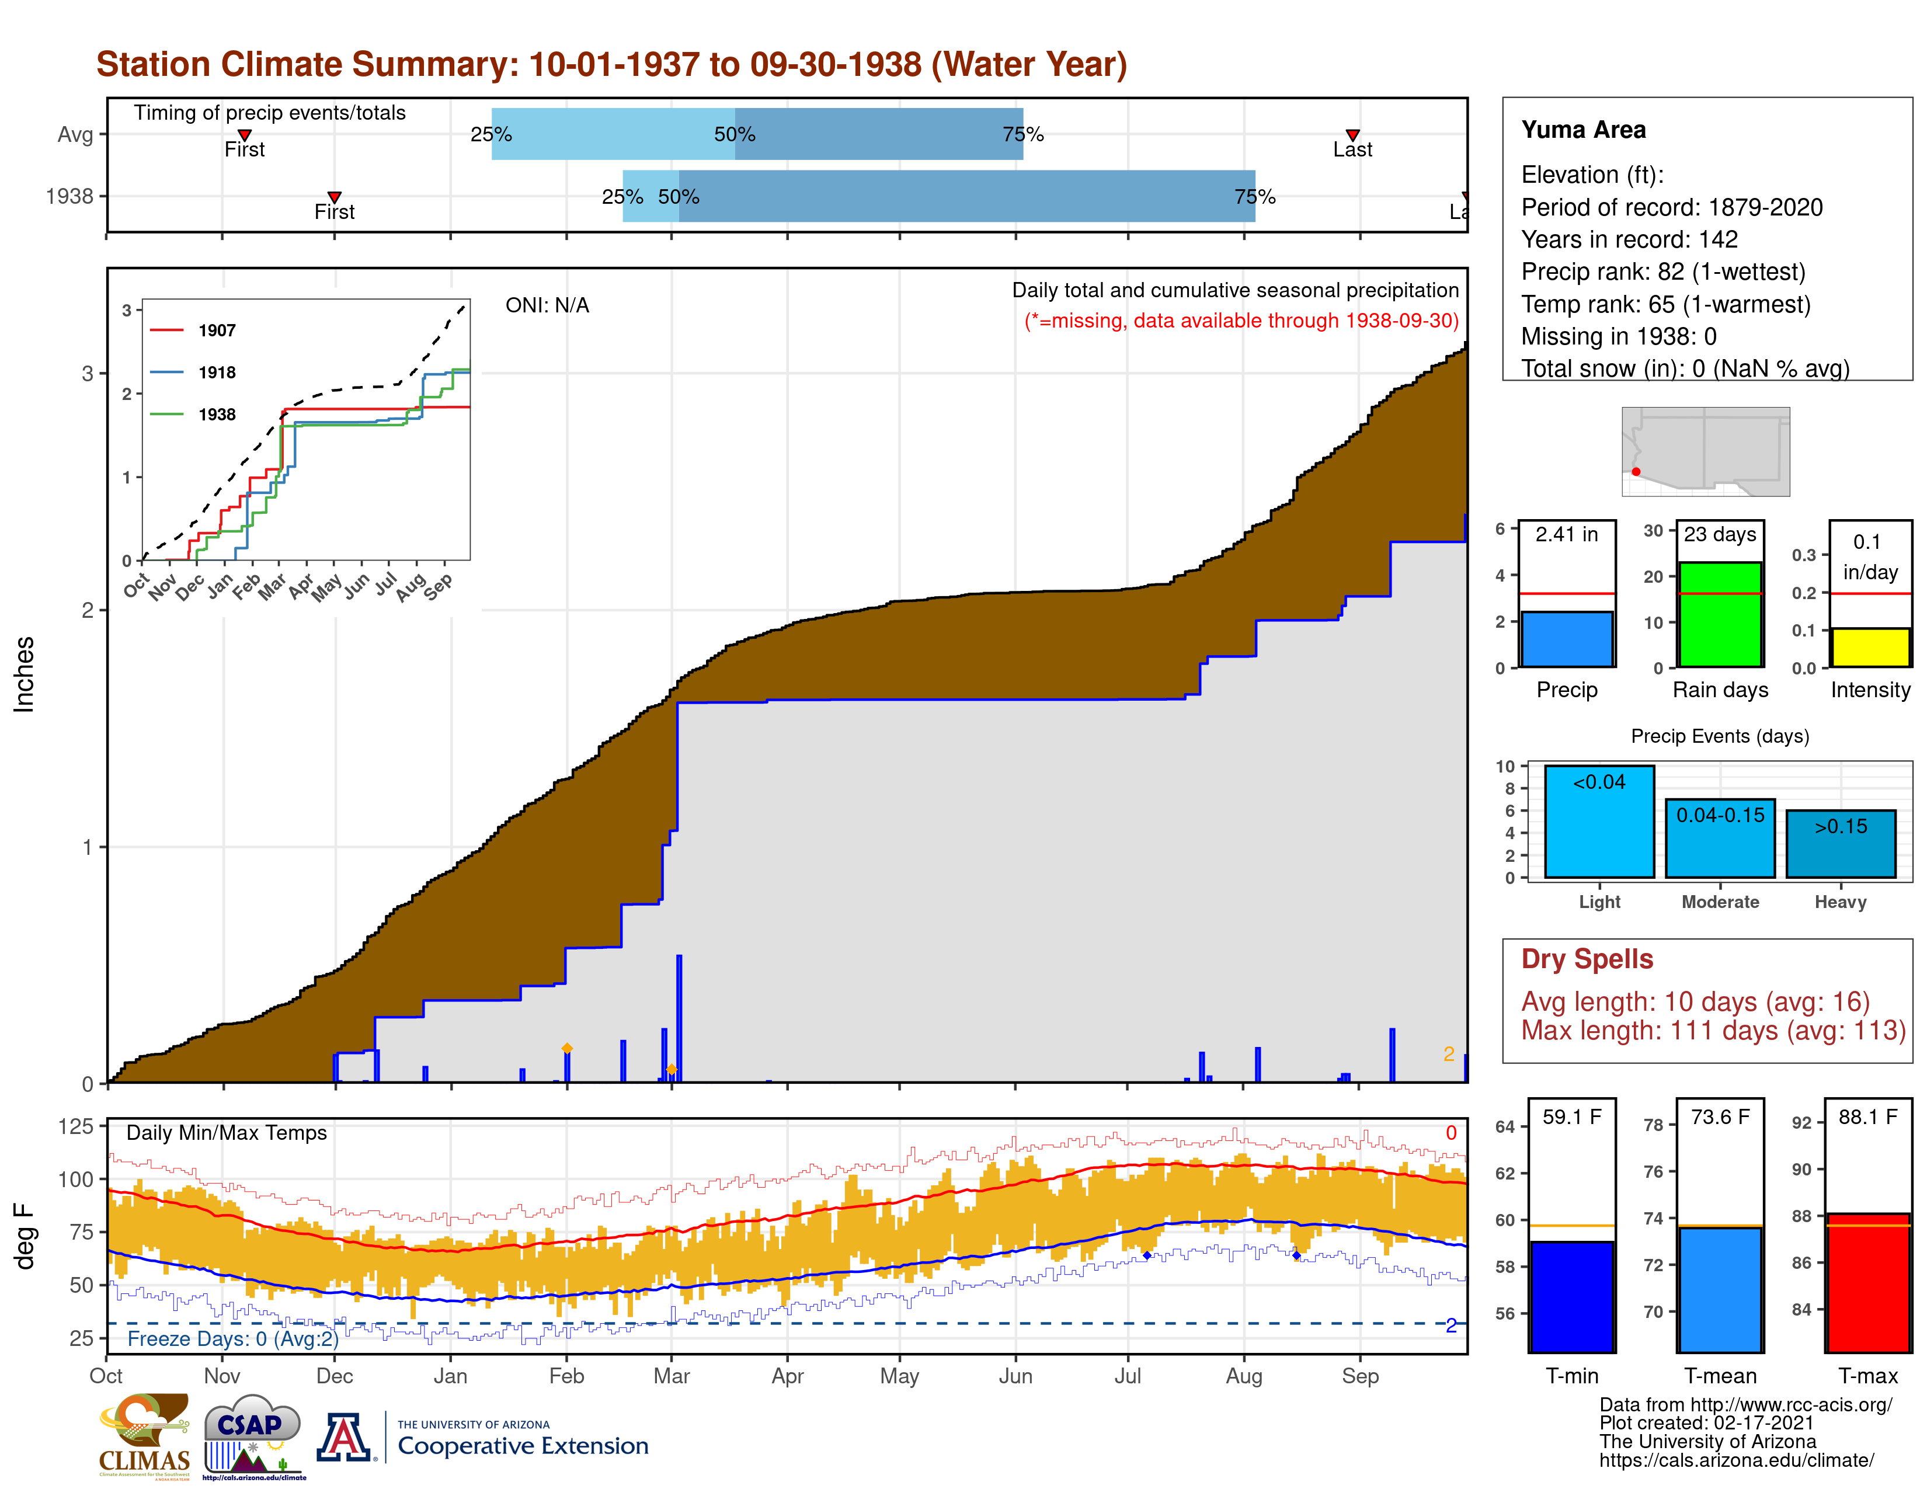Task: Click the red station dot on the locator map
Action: click(x=1636, y=472)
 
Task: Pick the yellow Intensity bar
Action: click(x=1870, y=648)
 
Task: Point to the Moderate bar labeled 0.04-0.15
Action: click(x=1720, y=838)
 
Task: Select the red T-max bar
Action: click(x=1868, y=1283)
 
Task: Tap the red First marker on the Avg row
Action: click(x=245, y=135)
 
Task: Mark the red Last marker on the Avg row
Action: click(x=1352, y=135)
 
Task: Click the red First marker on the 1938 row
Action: click(x=335, y=197)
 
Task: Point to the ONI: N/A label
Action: click(x=547, y=305)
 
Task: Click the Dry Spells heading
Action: click(x=1587, y=959)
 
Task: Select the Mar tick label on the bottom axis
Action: click(x=672, y=1376)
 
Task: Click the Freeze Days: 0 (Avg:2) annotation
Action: click(x=233, y=1338)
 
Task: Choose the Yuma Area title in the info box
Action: click(x=1583, y=130)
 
